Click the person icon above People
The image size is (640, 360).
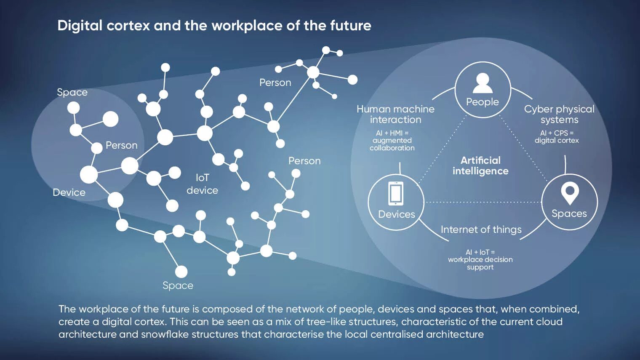pos(483,83)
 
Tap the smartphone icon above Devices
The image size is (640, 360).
pos(395,193)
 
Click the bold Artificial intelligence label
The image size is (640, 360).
pos(480,165)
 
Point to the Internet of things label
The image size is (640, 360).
pos(481,229)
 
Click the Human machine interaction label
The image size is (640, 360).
pos(395,114)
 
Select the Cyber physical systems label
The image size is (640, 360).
pos(559,114)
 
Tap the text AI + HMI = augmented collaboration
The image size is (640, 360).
pos(392,140)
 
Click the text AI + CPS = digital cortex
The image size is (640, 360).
pos(557,136)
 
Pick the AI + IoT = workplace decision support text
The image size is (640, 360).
pos(480,259)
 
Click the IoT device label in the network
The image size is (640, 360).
pos(202,184)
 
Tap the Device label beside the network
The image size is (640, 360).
pos(69,192)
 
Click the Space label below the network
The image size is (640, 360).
pos(178,285)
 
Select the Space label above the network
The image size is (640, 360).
pos(72,92)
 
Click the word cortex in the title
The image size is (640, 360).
pos(128,26)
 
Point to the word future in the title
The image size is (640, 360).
pos(350,26)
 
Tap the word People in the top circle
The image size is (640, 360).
pos(482,102)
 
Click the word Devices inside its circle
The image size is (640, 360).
pos(396,214)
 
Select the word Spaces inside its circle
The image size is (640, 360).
pos(569,213)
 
